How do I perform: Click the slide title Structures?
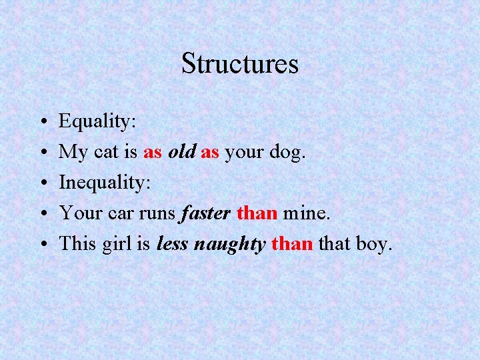tap(239, 64)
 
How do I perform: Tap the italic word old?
tap(181, 152)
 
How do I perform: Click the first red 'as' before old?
tap(153, 153)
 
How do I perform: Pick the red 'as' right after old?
tap(210, 153)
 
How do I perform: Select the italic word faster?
tap(204, 213)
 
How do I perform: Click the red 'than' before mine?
tap(257, 213)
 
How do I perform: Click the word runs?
tap(153, 214)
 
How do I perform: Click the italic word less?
tap(172, 244)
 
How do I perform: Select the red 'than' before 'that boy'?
tap(292, 244)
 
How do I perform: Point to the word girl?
tap(117, 245)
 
